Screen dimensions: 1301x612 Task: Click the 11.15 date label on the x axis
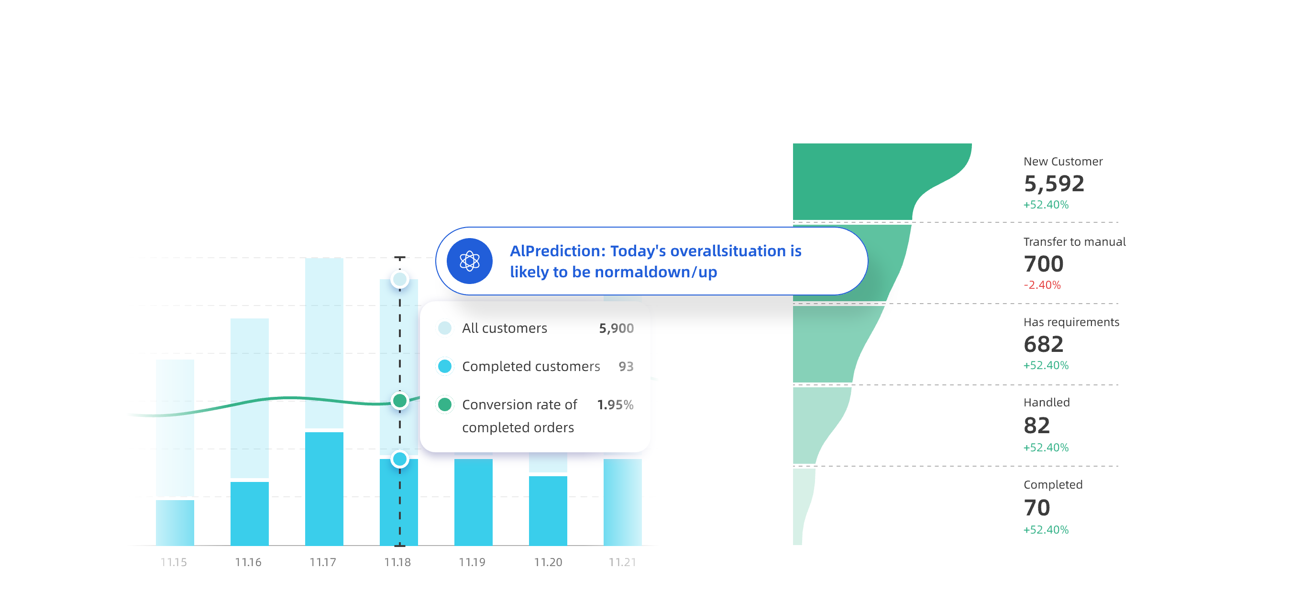[x=173, y=562]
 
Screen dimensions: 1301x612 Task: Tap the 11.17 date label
[x=323, y=562]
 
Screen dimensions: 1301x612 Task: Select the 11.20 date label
[x=548, y=562]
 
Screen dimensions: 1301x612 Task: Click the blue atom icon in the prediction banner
[x=469, y=261]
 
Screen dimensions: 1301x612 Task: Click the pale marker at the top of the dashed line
[x=399, y=279]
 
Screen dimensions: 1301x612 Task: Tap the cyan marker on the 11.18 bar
[x=399, y=459]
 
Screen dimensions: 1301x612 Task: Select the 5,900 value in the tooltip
[x=616, y=328]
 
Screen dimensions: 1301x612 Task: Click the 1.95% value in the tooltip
[x=615, y=404]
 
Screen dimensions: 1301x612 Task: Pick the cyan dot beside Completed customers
[x=444, y=366]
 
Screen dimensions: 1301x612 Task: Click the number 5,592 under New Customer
[x=1054, y=183]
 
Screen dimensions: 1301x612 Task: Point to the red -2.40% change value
[x=1042, y=285]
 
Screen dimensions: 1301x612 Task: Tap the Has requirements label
[x=1071, y=322]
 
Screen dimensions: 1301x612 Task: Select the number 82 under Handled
[x=1036, y=425]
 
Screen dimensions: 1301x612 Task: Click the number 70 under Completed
[x=1036, y=507]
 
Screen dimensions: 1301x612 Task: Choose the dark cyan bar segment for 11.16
[x=250, y=514]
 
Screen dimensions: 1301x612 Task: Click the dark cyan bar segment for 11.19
[x=473, y=502]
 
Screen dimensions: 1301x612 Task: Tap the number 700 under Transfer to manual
[x=1043, y=263]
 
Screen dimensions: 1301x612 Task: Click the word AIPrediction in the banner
[x=557, y=251]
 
